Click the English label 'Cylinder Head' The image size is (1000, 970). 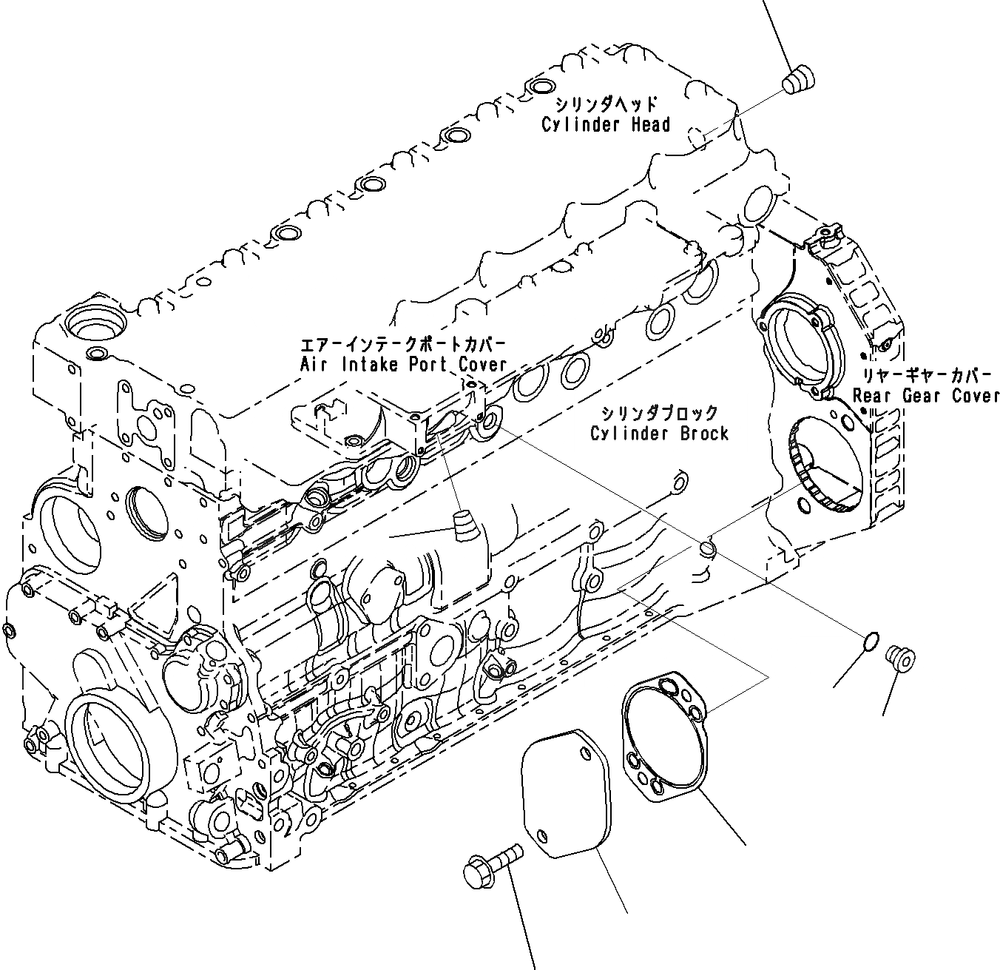point(606,124)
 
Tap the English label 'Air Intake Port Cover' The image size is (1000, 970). point(403,364)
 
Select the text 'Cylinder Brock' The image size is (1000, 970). point(659,433)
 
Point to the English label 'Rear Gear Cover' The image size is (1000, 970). point(925,396)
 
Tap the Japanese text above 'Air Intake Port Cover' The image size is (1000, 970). point(403,345)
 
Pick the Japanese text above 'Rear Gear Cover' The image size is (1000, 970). point(925,375)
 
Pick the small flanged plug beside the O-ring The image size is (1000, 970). point(900,656)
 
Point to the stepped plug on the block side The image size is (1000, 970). point(464,526)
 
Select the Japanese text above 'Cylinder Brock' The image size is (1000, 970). point(659,413)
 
